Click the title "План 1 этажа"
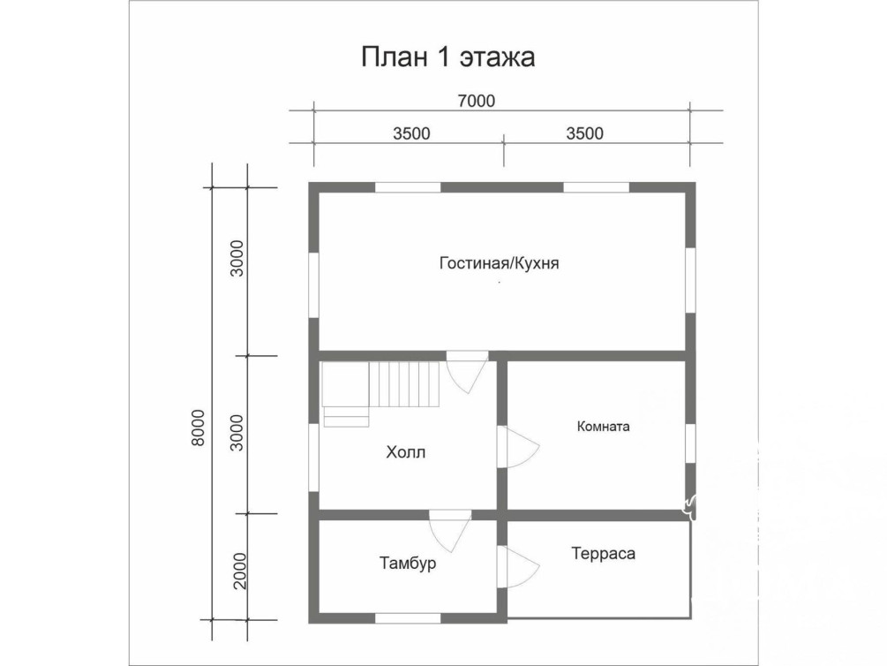tap(447, 57)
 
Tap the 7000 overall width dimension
tap(477, 101)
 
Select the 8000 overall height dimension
tap(198, 428)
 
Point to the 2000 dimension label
tap(240, 571)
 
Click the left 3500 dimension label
tap(411, 133)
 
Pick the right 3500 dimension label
tap(584, 133)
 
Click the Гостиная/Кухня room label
tap(499, 263)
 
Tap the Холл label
tap(406, 452)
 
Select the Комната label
tap(603, 427)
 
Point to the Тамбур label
tap(407, 564)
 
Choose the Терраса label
tap(603, 553)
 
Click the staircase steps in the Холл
tap(404, 384)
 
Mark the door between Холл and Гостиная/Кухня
tap(467, 372)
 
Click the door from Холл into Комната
tap(517, 447)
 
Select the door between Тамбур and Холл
tap(450, 531)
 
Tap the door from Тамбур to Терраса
tap(517, 567)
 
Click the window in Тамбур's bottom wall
tap(408, 618)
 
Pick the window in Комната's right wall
tap(690, 444)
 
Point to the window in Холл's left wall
tap(313, 457)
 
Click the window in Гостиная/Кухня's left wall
tap(313, 284)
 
